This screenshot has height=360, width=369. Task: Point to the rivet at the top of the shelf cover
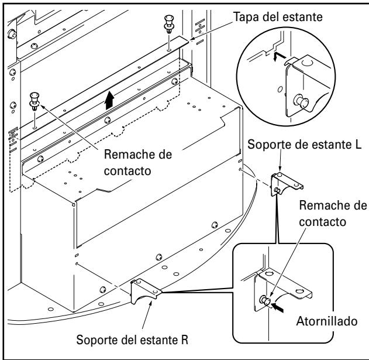click(x=168, y=26)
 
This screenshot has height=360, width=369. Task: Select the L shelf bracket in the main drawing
click(x=282, y=184)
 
